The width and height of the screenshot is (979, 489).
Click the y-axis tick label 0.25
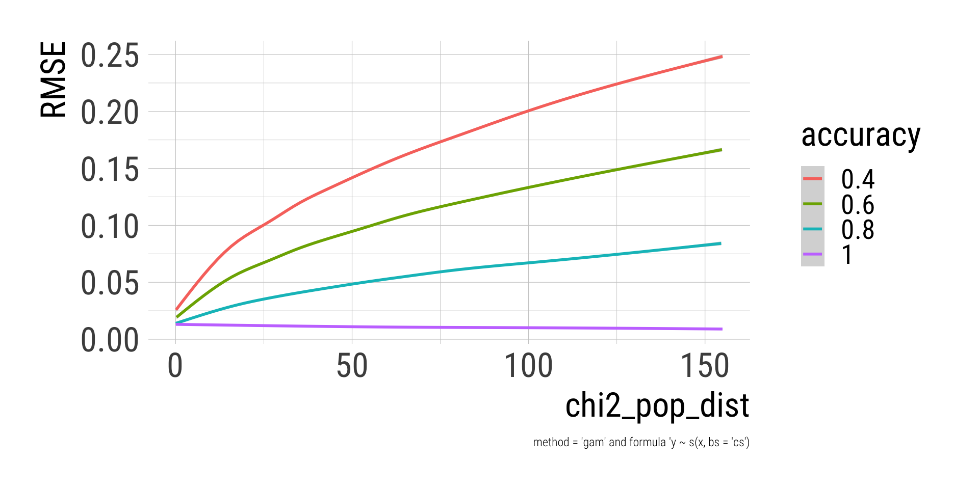[x=110, y=56]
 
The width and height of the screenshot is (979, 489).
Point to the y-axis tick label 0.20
[x=110, y=113]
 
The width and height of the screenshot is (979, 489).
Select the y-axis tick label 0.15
[x=110, y=170]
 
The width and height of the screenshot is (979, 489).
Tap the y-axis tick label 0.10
[x=110, y=227]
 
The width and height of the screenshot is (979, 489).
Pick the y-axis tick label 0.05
[x=110, y=283]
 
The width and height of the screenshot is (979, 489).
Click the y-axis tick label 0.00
[x=110, y=340]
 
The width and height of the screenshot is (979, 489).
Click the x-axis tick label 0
[x=175, y=366]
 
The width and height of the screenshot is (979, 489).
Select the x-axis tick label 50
[x=352, y=366]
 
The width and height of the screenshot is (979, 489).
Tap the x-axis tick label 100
[x=528, y=366]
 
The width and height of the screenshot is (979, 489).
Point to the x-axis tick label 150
[x=705, y=366]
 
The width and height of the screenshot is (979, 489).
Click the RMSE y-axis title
[x=54, y=79]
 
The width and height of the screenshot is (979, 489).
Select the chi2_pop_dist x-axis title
[x=657, y=406]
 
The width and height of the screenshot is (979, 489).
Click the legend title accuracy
[x=861, y=135]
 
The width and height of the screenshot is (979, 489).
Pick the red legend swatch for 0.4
[x=812, y=179]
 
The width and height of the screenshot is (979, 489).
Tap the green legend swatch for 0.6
[x=812, y=204]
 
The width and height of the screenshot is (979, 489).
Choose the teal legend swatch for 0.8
[x=812, y=229]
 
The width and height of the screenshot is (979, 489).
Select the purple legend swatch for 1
[x=812, y=254]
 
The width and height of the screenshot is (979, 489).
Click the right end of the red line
[x=722, y=57]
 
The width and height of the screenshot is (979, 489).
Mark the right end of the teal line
[x=720, y=243]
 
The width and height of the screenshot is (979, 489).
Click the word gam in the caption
[x=594, y=443]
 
